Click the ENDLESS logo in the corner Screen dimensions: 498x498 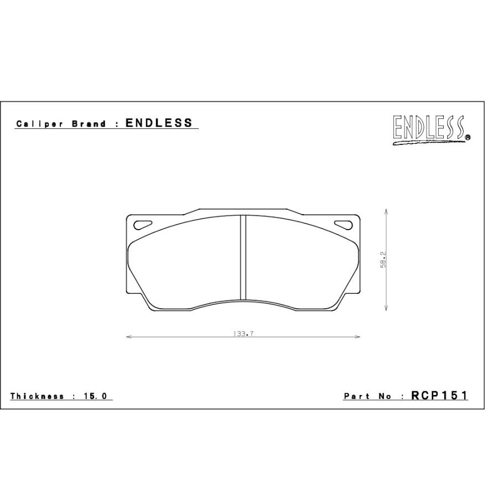pyautogui.click(x=432, y=129)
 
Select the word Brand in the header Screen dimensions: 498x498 pyautogui.click(x=89, y=124)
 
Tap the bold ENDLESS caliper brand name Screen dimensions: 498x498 pyautogui.click(x=159, y=123)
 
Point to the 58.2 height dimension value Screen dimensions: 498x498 pyautogui.click(x=383, y=260)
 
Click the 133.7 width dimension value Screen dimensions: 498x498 pyautogui.click(x=243, y=334)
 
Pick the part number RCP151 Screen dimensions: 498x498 pyautogui.click(x=439, y=396)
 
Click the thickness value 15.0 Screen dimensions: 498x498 pyautogui.click(x=96, y=396)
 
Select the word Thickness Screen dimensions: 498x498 pyautogui.click(x=37, y=396)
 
